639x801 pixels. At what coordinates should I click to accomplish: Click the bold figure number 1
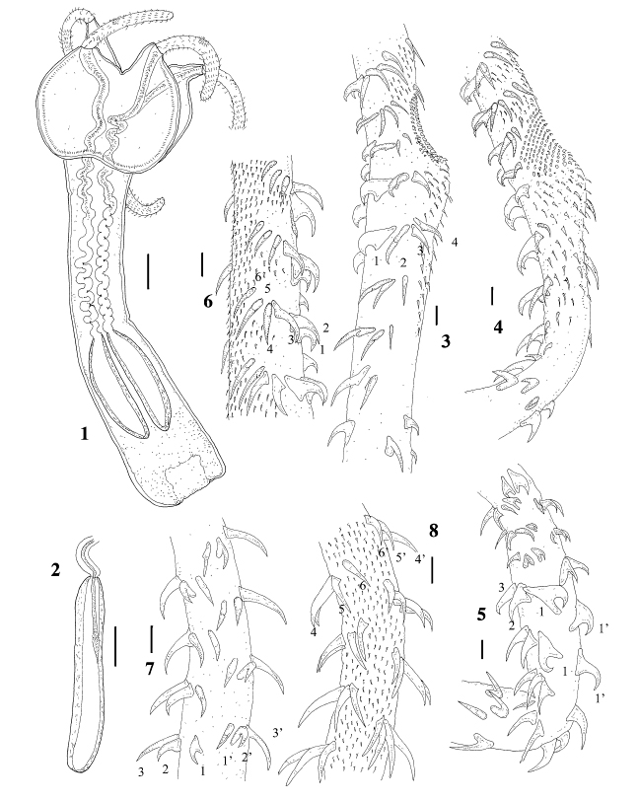(84, 434)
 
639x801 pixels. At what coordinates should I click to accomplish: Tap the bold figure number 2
(55, 569)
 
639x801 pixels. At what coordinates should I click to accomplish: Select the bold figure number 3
(446, 341)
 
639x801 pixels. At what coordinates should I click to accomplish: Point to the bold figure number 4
(498, 327)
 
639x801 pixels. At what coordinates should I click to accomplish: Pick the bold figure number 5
(481, 614)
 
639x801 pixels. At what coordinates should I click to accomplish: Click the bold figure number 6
(208, 303)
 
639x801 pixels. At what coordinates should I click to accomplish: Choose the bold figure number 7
(149, 669)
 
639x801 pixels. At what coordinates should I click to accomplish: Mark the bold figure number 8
(433, 531)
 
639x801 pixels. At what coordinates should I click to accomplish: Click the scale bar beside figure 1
(148, 272)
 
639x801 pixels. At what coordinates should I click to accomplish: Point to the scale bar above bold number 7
(152, 636)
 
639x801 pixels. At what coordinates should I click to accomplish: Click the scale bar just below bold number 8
(432, 569)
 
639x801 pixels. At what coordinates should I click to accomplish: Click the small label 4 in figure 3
(454, 242)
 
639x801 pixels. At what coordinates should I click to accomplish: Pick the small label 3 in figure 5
(501, 588)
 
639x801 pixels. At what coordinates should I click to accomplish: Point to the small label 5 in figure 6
(267, 289)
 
